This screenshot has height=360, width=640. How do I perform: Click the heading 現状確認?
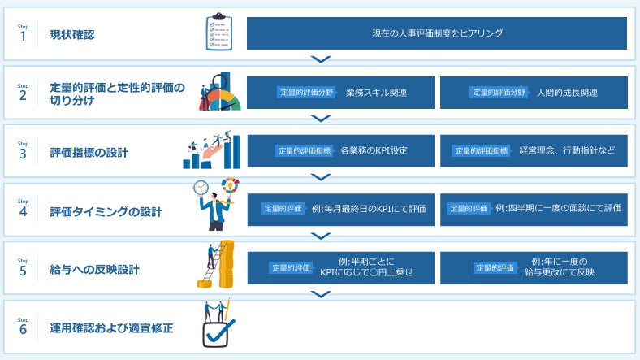tap(71, 34)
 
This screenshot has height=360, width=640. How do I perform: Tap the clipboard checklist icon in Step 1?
tap(218, 33)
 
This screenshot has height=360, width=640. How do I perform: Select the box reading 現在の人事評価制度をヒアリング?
tap(437, 33)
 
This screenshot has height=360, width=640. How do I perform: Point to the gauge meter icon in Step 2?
tap(219, 98)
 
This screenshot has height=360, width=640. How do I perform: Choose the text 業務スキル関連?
tap(376, 93)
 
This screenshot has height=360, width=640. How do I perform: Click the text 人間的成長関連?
tap(567, 93)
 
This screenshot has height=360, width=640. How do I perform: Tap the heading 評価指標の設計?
tap(89, 152)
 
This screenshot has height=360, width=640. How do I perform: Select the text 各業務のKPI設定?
tap(374, 151)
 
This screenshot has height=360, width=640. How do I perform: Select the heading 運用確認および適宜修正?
tap(111, 329)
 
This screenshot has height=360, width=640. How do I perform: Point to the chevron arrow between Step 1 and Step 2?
tap(322, 59)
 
